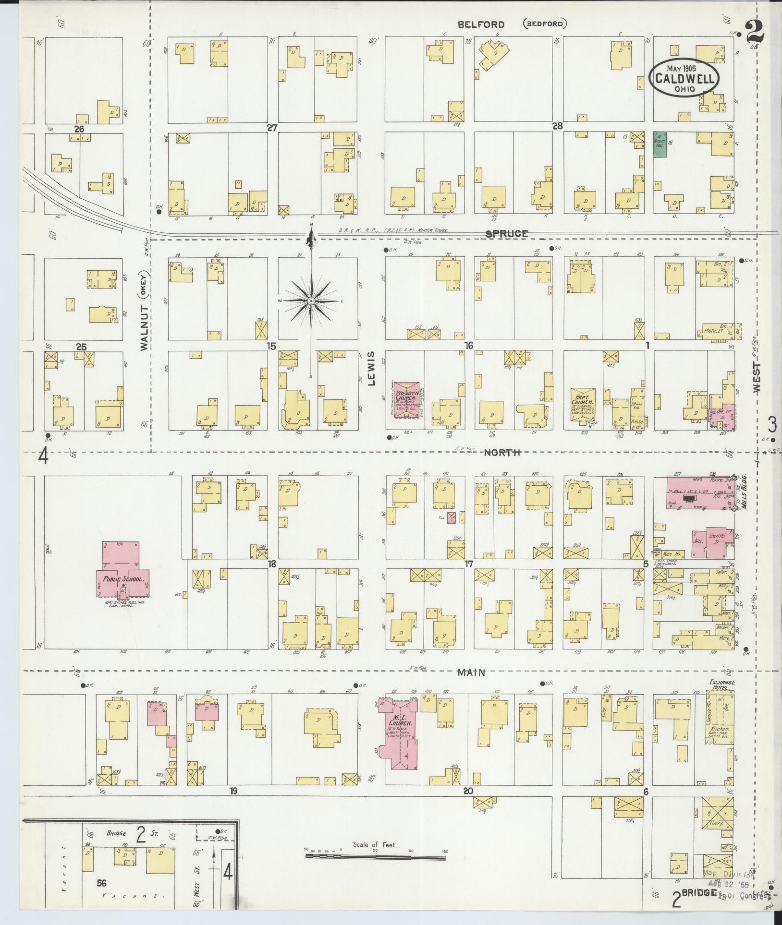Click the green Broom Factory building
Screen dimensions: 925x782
click(x=660, y=144)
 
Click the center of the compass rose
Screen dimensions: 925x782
click(x=311, y=301)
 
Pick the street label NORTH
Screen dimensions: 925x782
click(x=502, y=452)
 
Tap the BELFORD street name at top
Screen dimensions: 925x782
click(x=481, y=24)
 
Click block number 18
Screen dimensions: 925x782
click(x=272, y=564)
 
